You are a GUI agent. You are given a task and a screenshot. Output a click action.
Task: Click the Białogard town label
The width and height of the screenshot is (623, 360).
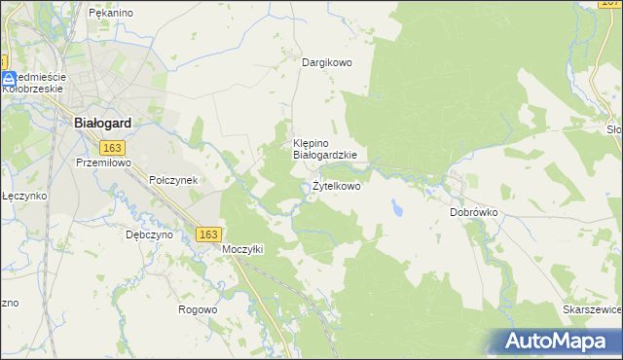(103, 124)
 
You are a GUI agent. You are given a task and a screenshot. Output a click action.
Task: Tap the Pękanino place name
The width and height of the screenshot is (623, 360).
(110, 13)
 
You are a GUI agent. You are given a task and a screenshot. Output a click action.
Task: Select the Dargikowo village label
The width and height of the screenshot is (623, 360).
(326, 62)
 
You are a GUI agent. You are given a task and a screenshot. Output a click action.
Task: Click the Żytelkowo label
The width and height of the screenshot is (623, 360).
(336, 186)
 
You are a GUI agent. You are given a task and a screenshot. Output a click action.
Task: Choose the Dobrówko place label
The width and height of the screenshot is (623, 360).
(474, 211)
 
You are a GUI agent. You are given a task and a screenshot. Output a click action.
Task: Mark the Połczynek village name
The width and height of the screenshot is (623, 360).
(173, 180)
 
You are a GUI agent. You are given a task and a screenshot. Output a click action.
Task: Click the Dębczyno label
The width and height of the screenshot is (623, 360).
(149, 234)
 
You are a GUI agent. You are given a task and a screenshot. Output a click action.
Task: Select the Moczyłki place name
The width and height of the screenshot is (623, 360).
(243, 249)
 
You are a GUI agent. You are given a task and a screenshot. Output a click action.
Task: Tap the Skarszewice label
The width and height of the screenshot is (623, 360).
(592, 308)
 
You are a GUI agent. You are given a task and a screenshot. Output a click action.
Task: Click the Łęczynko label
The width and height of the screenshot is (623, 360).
(24, 196)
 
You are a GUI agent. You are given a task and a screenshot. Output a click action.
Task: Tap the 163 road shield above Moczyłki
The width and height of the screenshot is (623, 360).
(207, 234)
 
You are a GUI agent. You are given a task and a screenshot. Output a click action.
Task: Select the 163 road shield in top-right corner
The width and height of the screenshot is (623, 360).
(610, 6)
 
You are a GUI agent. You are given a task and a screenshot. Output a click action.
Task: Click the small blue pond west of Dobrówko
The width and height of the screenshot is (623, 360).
(397, 207)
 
